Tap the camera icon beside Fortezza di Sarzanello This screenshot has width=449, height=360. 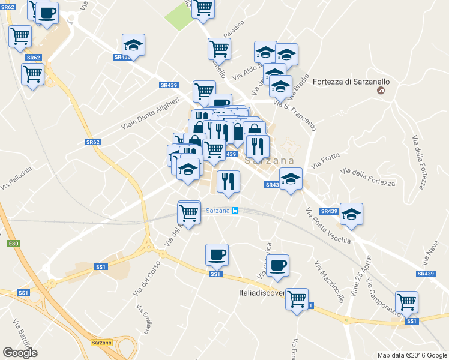[x=379, y=91]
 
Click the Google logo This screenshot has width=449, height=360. [x=20, y=353]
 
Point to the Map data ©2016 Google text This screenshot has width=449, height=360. [x=412, y=355]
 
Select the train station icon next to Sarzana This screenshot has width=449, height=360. [x=235, y=211]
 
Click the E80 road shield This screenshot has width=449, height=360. [x=14, y=243]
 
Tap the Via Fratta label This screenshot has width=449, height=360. [x=325, y=161]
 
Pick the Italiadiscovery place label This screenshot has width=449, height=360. [x=260, y=294]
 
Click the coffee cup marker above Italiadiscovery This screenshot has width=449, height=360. [x=277, y=266]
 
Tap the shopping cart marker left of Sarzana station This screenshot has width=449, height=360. [x=189, y=212]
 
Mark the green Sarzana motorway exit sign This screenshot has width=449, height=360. [x=102, y=343]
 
